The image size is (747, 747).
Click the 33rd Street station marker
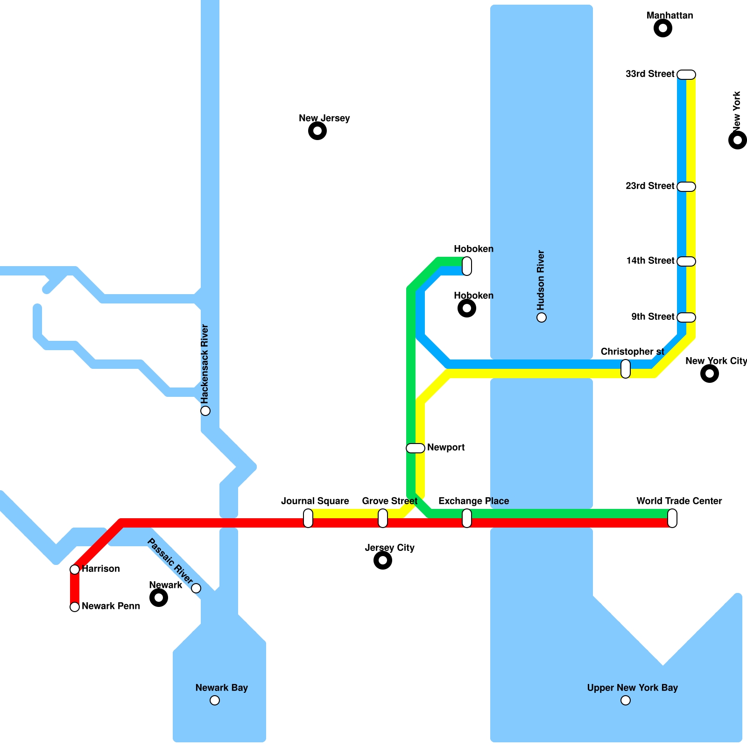[x=686, y=75]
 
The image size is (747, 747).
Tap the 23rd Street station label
[x=650, y=186]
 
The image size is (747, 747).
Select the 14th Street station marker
[x=686, y=261]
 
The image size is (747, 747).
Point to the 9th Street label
[x=653, y=317]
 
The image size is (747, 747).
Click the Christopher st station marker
[x=626, y=369]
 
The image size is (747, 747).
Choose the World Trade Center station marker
[x=672, y=518]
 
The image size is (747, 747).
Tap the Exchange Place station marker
[x=467, y=518]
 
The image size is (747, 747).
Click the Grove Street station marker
[x=383, y=518]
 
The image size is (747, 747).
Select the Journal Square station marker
[x=308, y=518]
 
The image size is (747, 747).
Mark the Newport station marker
[x=416, y=448]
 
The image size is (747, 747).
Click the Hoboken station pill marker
[x=467, y=266]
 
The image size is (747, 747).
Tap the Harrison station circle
[x=75, y=570]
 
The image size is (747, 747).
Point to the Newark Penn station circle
[x=75, y=607]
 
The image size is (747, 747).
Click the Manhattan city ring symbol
[x=663, y=28]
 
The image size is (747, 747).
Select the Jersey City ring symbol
[x=383, y=560]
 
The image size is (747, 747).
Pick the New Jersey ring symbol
[x=317, y=131]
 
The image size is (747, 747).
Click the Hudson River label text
[x=541, y=280]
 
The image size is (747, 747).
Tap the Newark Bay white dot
[x=215, y=700]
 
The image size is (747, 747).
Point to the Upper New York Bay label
[x=632, y=688]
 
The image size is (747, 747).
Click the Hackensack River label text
[x=204, y=364]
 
